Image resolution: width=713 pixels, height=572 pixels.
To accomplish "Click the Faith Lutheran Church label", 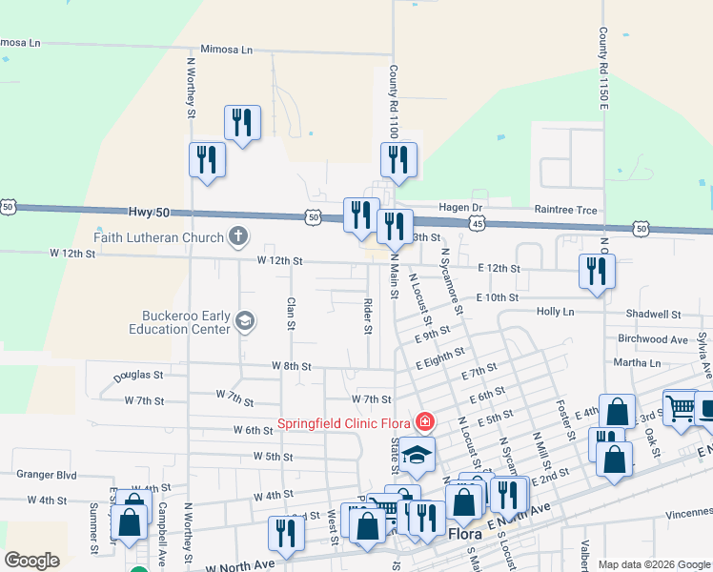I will click(x=158, y=236).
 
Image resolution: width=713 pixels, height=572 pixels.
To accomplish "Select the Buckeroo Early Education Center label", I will click(x=181, y=322).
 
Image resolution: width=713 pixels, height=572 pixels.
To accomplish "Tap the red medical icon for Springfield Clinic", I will click(x=424, y=421).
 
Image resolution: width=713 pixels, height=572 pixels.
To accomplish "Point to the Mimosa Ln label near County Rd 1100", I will click(x=226, y=50).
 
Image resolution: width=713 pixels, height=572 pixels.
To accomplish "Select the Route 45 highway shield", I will click(x=477, y=222).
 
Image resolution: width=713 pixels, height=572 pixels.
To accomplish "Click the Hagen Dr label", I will click(x=461, y=208).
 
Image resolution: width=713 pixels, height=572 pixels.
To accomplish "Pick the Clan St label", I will click(x=290, y=314).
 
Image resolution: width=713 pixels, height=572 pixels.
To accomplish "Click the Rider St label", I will click(x=368, y=317).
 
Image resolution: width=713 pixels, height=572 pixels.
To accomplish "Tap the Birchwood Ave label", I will click(x=653, y=338).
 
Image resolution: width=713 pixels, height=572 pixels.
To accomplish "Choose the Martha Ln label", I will click(x=636, y=363).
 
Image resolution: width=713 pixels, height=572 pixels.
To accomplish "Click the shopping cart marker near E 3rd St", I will click(x=680, y=408).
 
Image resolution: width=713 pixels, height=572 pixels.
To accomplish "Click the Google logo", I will click(x=32, y=561).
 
